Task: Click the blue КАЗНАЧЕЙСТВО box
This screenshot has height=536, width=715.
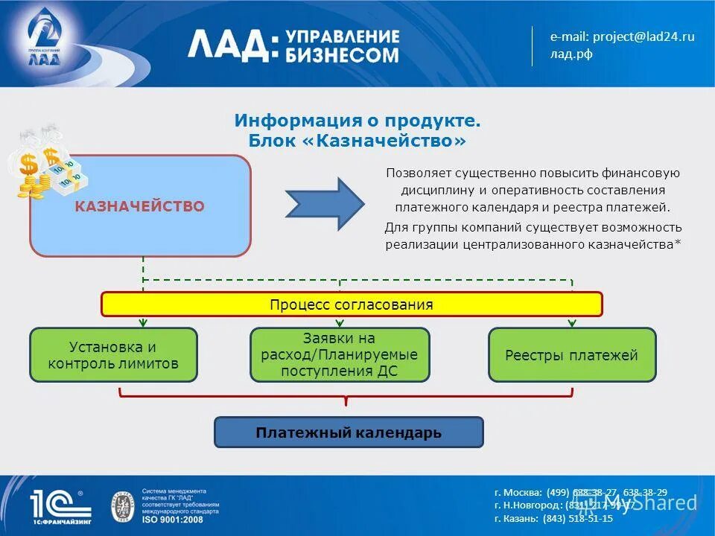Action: pyautogui.click(x=140, y=206)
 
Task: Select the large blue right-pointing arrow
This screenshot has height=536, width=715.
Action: pyautogui.click(x=325, y=203)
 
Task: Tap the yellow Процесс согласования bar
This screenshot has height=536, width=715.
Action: pyautogui.click(x=352, y=304)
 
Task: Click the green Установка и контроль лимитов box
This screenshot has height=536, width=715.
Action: pyautogui.click(x=113, y=355)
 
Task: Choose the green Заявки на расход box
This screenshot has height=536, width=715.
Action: pyautogui.click(x=340, y=355)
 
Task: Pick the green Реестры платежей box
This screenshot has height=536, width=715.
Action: pyautogui.click(x=572, y=355)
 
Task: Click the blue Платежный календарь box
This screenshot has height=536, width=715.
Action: pyautogui.click(x=349, y=432)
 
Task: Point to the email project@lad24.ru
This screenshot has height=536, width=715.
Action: pyautogui.click(x=623, y=36)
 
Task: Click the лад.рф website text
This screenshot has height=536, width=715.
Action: pyautogui.click(x=571, y=54)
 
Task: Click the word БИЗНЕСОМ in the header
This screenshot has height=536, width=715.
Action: pyautogui.click(x=341, y=55)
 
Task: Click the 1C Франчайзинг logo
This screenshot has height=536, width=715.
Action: pyautogui.click(x=60, y=505)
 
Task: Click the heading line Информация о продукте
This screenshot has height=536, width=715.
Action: pyautogui.click(x=357, y=121)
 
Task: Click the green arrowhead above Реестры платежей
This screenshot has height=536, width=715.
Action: pyautogui.click(x=572, y=323)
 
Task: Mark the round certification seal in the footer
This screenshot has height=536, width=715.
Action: pyautogui.click(x=122, y=505)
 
